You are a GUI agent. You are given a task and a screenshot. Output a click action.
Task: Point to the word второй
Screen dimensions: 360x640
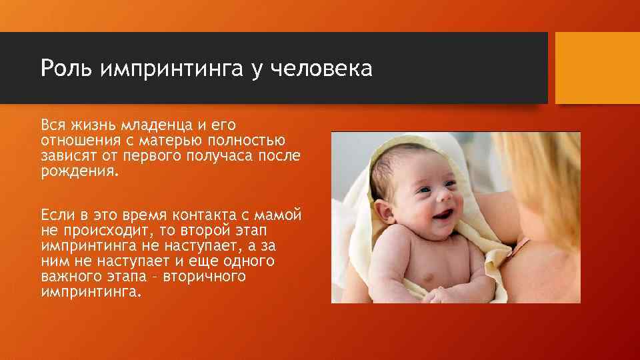click(x=211, y=231)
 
